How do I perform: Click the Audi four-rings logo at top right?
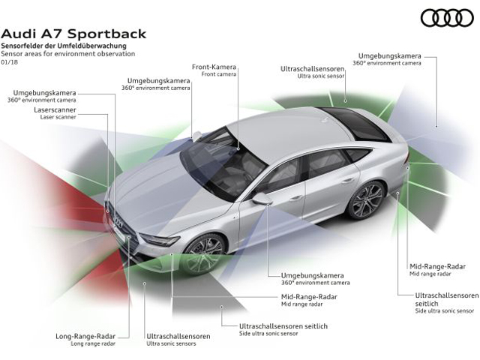pos(447,18)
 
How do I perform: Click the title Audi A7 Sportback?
pos(73,34)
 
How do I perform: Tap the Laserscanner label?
pos(55,110)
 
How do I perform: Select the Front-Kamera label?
pos(214,67)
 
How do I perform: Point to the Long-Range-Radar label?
pos(85,336)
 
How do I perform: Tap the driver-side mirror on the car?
pos(262,198)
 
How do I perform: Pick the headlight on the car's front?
pos(160,240)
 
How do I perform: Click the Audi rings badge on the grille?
pos(118,222)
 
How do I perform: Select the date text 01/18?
pos(10,62)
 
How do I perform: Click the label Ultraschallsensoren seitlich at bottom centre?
pos(283,326)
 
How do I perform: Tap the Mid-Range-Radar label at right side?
pos(437,266)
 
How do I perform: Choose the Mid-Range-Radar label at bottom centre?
pos(309,297)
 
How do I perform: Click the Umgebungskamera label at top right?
pos(390,56)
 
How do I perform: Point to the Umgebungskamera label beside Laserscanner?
pos(44,93)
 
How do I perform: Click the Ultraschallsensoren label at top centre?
pos(313,69)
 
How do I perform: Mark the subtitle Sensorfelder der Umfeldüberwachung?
pos(64,46)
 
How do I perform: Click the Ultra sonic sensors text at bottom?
pos(171,343)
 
